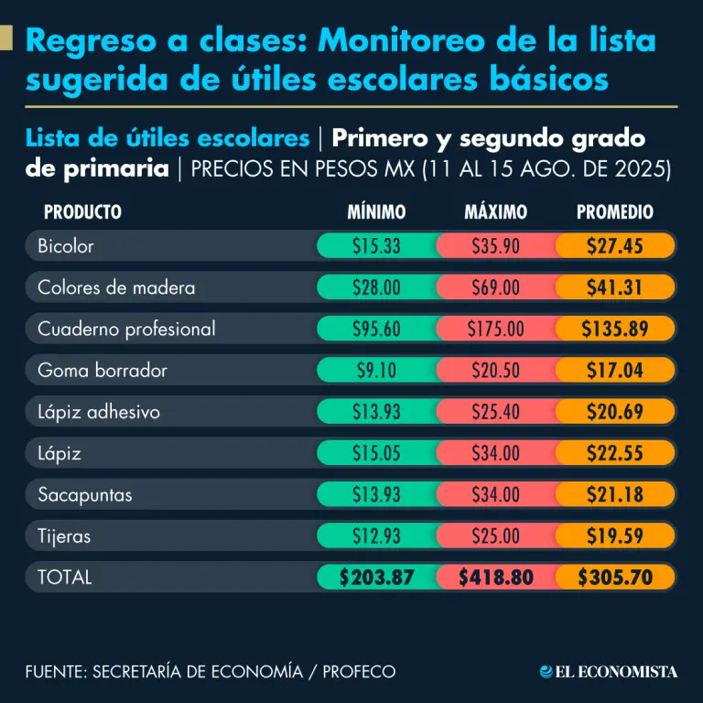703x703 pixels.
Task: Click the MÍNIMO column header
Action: (x=376, y=212)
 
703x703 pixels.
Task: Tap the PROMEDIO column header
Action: (x=615, y=212)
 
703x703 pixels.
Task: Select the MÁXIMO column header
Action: (x=496, y=212)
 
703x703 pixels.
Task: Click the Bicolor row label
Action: (x=66, y=246)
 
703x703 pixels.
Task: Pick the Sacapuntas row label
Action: (x=84, y=495)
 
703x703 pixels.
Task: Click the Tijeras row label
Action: (x=64, y=536)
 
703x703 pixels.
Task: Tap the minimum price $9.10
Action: (x=376, y=371)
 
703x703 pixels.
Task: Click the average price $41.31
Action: (x=615, y=287)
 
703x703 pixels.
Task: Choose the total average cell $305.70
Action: (x=615, y=578)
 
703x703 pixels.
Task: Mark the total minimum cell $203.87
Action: (x=376, y=578)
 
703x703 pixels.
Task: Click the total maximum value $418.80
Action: (x=496, y=578)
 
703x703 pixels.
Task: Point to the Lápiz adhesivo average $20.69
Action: (x=615, y=412)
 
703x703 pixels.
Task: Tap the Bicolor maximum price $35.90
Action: (x=496, y=246)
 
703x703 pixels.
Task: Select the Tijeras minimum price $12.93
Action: (x=376, y=536)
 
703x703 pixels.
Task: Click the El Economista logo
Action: (x=609, y=672)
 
